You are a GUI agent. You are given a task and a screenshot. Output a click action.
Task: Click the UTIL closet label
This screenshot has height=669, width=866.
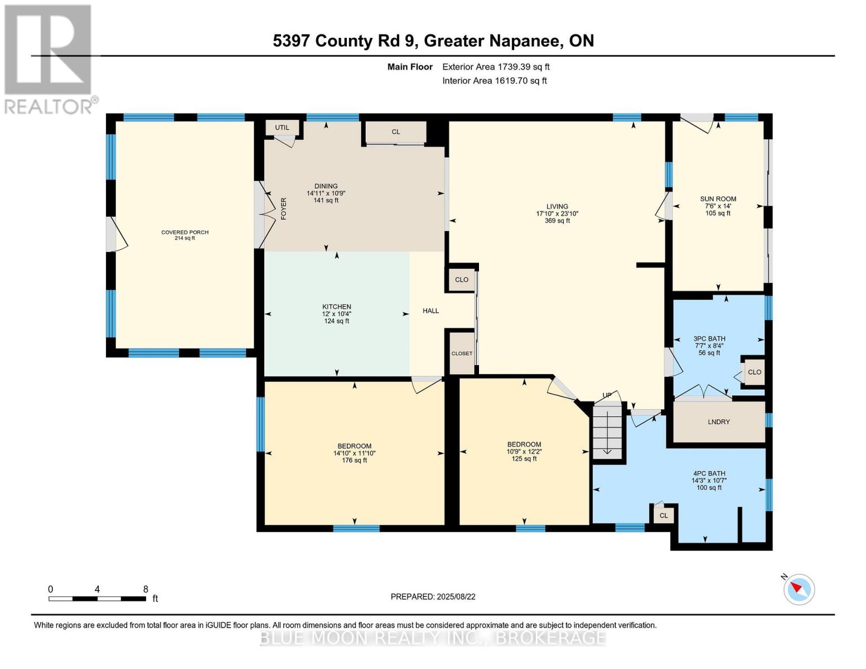pos(282,128)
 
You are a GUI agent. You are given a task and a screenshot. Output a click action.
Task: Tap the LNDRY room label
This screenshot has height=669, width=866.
pos(718,422)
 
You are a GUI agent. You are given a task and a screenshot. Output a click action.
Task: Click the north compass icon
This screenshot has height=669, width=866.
pos(799,589)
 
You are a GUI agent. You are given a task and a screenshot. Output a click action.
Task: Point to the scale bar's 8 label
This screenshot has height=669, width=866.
pos(146,589)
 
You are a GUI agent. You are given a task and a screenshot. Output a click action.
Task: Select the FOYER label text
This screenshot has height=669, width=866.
pos(283,209)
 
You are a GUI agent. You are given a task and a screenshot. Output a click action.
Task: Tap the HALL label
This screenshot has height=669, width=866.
pos(430,311)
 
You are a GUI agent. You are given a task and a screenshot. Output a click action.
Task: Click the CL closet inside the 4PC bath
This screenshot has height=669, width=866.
pos(664,516)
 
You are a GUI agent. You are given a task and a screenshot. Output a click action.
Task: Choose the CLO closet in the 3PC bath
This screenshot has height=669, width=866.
pos(754,372)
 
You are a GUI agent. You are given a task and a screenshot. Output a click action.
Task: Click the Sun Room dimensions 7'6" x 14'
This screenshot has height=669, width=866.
pos(718,206)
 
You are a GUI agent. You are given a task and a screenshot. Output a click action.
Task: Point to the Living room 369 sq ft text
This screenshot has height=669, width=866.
pos(557,221)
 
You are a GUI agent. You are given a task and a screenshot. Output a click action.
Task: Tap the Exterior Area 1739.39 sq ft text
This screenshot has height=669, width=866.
pos(496,67)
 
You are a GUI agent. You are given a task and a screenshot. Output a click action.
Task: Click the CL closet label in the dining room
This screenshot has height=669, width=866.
pos(395,132)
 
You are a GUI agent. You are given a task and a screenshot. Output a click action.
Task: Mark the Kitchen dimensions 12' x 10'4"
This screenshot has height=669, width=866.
pos(336,314)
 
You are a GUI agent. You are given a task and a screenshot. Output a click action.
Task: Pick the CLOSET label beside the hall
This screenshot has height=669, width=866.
pos(462,353)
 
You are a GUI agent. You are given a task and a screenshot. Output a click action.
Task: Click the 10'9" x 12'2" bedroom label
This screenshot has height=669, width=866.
pos(524,452)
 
